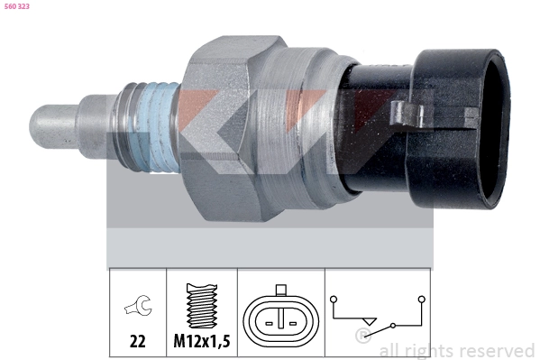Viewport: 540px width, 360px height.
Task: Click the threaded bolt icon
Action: [x=202, y=307]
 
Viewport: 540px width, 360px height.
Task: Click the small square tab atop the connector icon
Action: [x=282, y=291]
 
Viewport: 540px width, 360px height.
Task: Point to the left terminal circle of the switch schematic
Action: [x=334, y=298]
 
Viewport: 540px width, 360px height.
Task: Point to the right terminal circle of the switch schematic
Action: [x=421, y=298]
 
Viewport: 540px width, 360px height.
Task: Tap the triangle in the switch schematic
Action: [x=366, y=322]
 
